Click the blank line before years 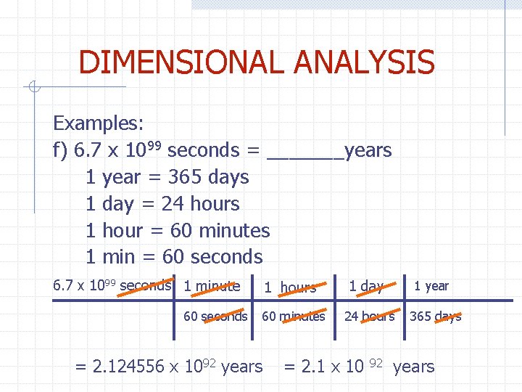tap(305, 151)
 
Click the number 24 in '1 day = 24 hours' tap(173, 204)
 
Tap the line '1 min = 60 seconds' tap(174, 257)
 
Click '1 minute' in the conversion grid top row tap(212, 286)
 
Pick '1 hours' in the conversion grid tap(290, 287)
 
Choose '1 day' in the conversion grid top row tap(366, 286)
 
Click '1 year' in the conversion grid tap(431, 286)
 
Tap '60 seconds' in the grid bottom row tap(215, 316)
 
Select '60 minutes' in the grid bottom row tap(293, 316)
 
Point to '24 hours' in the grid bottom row tap(369, 316)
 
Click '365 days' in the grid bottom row tap(435, 316)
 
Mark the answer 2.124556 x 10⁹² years tap(169, 367)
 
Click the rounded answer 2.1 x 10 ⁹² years tap(358, 367)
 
